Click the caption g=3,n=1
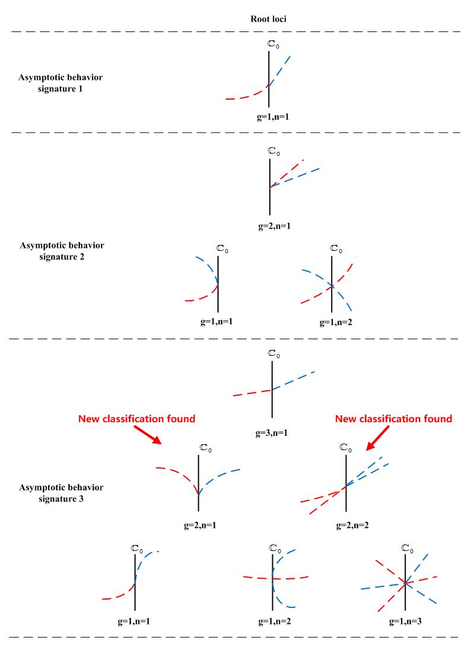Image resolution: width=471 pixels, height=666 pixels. pos(272,434)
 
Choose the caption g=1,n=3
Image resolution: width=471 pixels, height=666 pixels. pos(405,622)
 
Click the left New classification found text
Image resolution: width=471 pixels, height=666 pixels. pos(137,419)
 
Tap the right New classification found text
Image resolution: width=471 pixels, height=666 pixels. pos(393,419)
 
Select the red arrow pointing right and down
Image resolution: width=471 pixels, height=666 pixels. pos(145,435)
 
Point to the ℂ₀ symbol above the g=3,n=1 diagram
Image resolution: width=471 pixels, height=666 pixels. pos(273,354)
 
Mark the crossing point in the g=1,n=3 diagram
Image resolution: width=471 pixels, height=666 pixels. pos(405,583)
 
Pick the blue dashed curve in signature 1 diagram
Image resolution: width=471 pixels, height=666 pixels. pos(282,68)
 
